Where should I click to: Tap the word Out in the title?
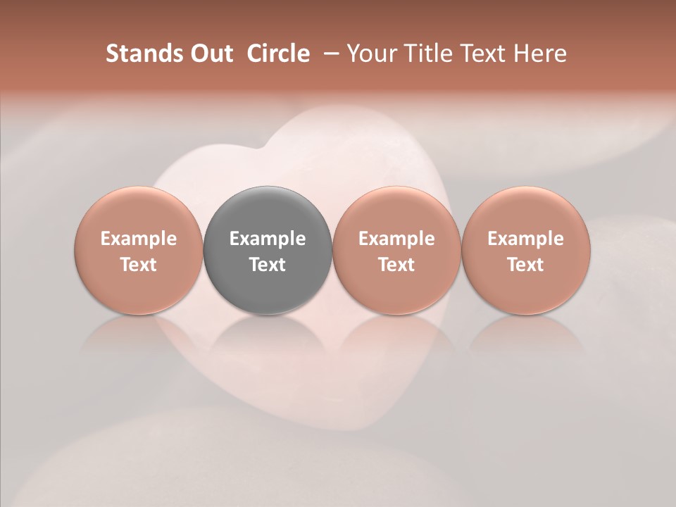tap(210, 54)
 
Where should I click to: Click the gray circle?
tap(268, 251)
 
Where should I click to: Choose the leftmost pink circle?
tap(139, 251)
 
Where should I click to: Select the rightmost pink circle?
tap(525, 251)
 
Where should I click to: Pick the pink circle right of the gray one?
tap(396, 251)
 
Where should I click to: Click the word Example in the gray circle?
tap(268, 239)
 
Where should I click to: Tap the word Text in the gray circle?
tap(268, 265)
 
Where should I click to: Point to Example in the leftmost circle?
tap(139, 239)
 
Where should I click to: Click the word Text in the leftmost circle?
tap(139, 265)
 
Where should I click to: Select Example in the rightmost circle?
tap(525, 239)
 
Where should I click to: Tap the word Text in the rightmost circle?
tap(525, 265)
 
